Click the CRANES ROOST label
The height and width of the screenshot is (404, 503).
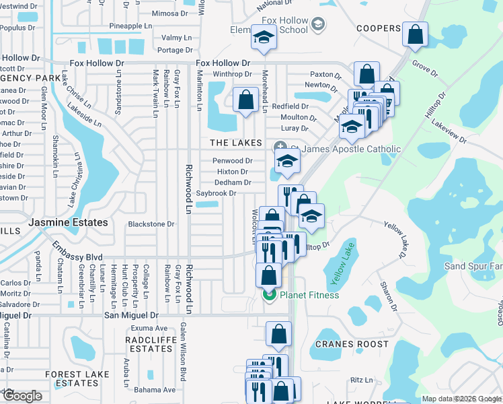[x=352, y=344]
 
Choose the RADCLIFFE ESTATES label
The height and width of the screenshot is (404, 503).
[x=154, y=344]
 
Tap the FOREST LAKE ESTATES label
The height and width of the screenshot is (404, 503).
[x=77, y=378]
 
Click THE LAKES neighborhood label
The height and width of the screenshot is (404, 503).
[x=235, y=143]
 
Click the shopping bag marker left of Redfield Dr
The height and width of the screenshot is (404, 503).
[x=246, y=99]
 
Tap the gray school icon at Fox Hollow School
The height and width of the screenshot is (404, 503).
[x=318, y=25]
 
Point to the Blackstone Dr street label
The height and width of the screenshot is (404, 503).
[x=151, y=224]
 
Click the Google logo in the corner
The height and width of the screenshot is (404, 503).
[x=22, y=395]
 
